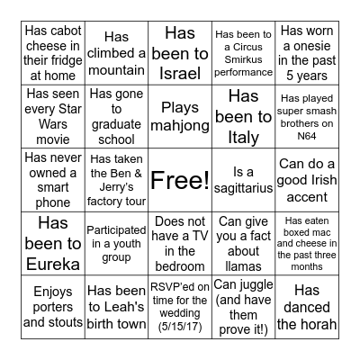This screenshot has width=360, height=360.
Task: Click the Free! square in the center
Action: point(180,181)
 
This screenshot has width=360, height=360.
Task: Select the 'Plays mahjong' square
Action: point(180,117)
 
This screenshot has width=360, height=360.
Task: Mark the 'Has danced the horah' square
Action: point(306,306)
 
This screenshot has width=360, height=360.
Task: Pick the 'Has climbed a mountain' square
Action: point(117,53)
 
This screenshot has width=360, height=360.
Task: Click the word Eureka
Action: point(53,265)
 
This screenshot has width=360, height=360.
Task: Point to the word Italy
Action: point(243,138)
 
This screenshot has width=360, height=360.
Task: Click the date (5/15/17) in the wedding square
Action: point(180,322)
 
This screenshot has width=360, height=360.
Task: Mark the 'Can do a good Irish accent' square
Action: point(306,180)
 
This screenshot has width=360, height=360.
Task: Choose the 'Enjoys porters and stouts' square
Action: point(53,306)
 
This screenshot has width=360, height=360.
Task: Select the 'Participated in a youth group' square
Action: point(117,243)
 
